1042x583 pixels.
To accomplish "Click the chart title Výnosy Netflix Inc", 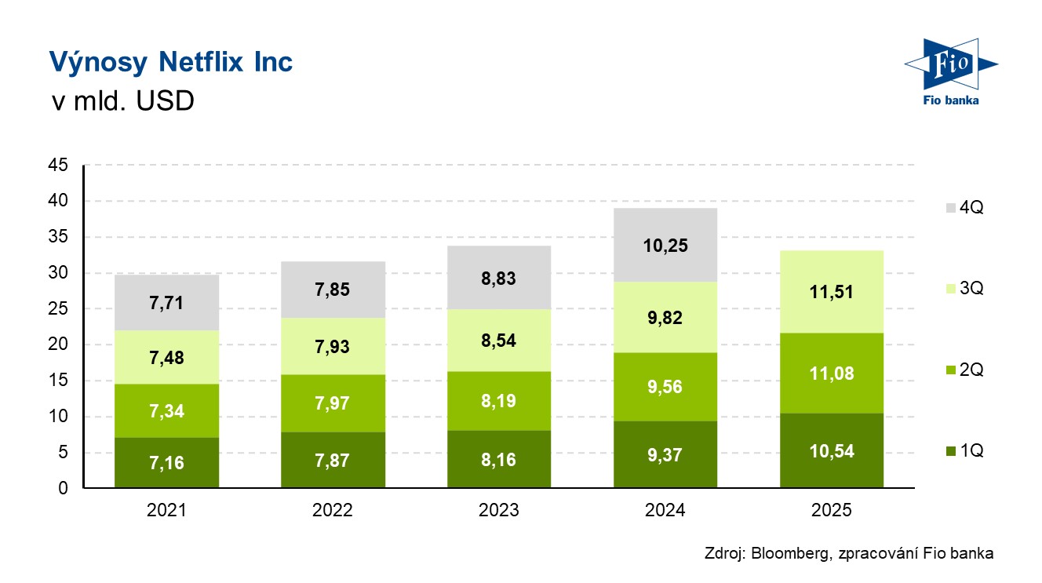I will coord(170,62).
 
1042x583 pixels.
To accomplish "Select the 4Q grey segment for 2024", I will coord(665,245).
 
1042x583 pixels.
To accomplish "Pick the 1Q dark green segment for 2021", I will coord(167,462).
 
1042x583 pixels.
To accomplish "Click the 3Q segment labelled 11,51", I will coord(832,292).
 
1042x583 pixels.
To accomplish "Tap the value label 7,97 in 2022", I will coord(333,403).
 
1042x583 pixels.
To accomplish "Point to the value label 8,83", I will coord(499,279).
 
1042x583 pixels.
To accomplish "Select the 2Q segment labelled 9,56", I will coord(665,387).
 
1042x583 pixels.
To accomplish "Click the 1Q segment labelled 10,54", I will coord(832,451).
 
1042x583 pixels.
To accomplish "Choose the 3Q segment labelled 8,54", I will coord(499,341).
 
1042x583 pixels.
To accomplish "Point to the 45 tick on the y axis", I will coord(59,166).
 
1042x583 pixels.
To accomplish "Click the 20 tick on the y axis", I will coord(59,345).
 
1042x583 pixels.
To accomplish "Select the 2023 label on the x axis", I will coord(499,511).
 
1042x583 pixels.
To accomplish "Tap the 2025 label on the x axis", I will coord(832,511).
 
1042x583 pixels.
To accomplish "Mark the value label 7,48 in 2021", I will coord(167,357).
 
